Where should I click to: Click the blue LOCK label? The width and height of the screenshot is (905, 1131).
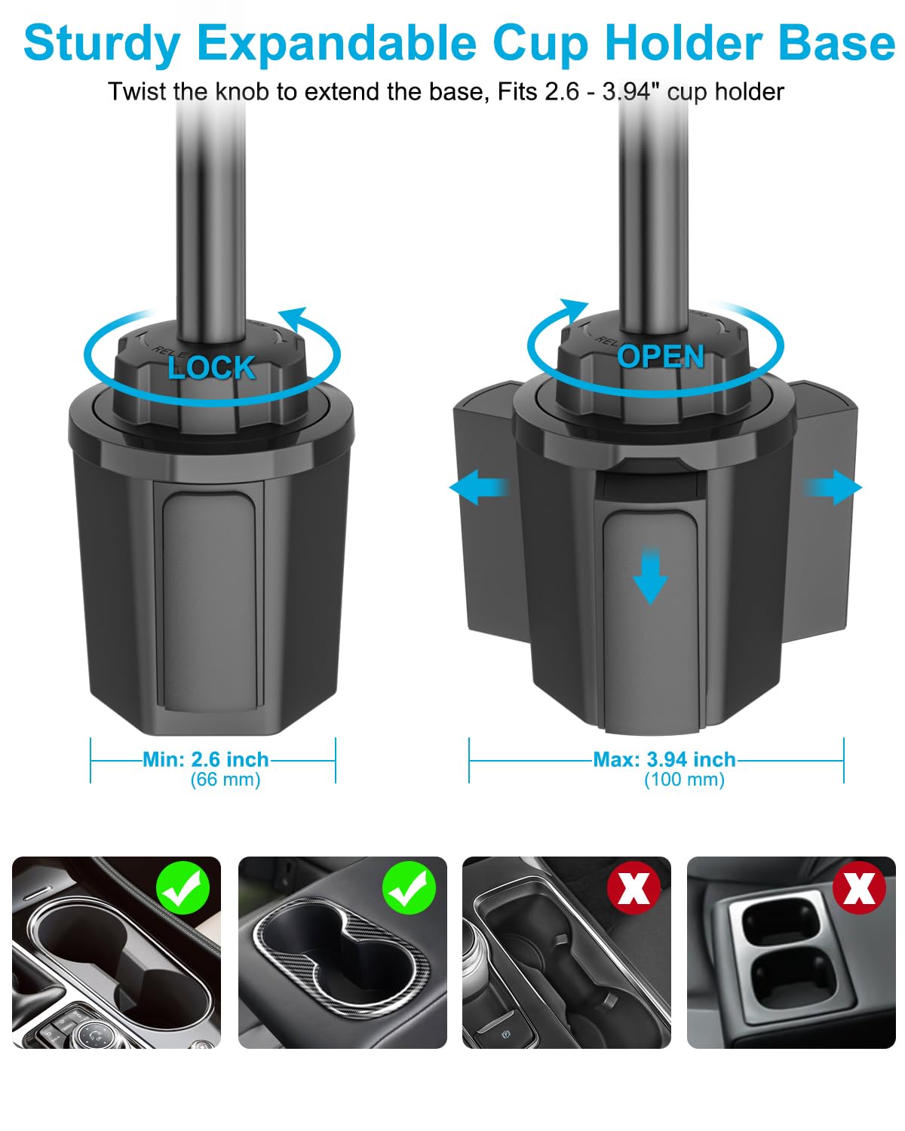tap(212, 367)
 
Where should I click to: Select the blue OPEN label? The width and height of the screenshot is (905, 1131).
tap(661, 357)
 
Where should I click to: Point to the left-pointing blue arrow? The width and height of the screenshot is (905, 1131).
tap(477, 488)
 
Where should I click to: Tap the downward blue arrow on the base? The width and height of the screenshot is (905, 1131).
tap(649, 575)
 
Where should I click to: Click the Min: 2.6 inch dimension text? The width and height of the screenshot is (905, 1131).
tap(206, 759)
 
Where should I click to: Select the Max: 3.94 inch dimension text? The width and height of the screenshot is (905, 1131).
tap(664, 759)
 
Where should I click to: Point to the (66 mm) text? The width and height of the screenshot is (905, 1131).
tap(225, 780)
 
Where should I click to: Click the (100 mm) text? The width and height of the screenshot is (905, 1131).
tap(684, 780)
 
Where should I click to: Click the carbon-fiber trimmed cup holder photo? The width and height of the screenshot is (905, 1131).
tap(342, 952)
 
